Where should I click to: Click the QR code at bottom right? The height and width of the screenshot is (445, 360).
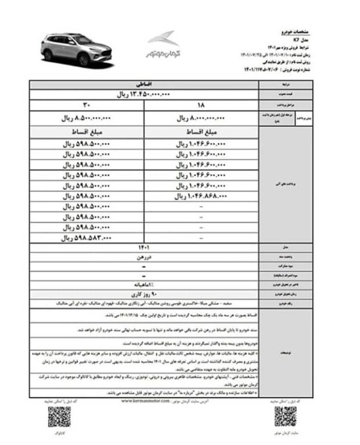[x=285, y=416]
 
